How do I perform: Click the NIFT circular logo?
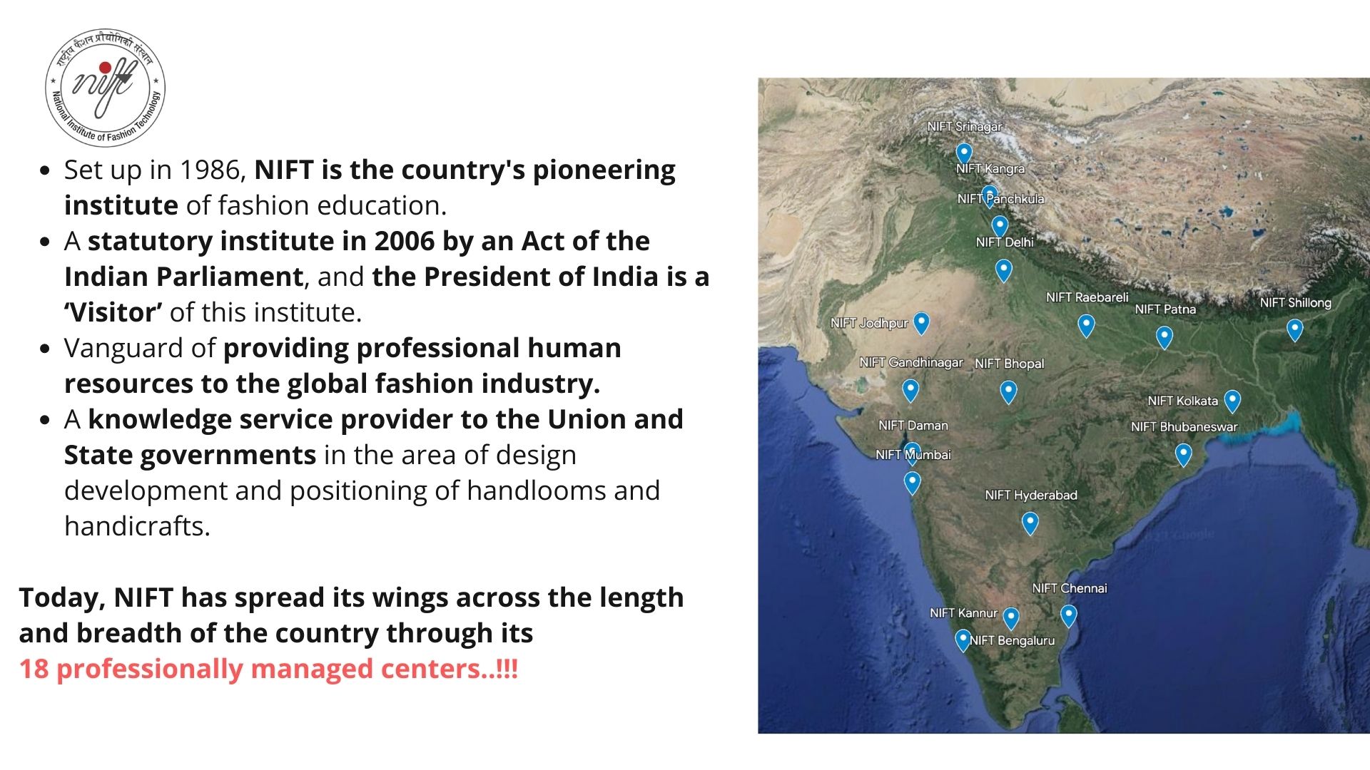(x=106, y=87)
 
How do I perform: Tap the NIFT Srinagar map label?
(x=965, y=126)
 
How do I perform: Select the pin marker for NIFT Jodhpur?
(x=922, y=323)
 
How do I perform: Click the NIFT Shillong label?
(x=1295, y=302)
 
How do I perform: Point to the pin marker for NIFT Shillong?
(x=1295, y=329)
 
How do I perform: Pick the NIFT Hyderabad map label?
(x=1031, y=495)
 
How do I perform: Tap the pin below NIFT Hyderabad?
(x=1030, y=523)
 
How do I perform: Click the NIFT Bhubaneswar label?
(x=1184, y=426)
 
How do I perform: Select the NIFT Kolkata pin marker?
(x=1232, y=401)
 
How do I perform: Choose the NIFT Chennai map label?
(x=1070, y=588)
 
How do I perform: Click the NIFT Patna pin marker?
(x=1164, y=337)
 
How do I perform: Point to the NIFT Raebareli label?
(x=1087, y=297)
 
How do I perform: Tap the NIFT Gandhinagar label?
(x=911, y=362)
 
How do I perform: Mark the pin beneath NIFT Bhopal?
(x=1008, y=391)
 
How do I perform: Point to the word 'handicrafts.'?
(x=137, y=526)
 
